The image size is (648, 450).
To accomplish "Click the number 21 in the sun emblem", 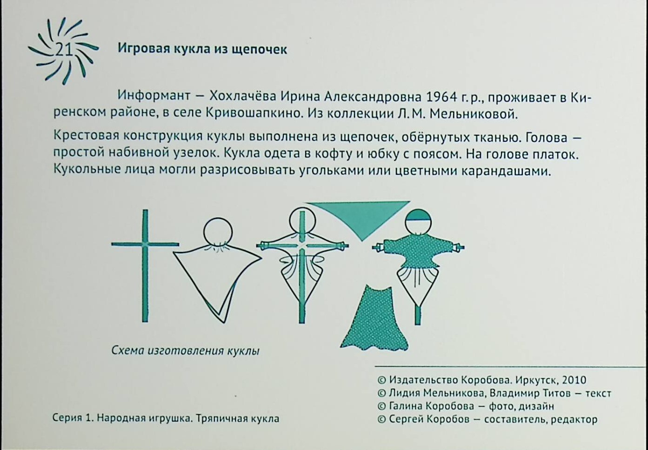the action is pos(64,51).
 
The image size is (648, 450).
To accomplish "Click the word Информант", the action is pos(154,96).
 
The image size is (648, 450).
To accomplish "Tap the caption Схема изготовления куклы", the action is pos(186,351).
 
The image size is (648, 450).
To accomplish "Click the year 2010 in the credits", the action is pos(574,380).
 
